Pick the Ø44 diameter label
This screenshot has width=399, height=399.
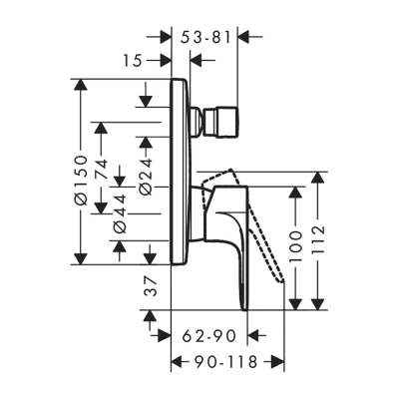click(122, 213)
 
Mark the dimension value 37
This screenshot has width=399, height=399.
click(149, 288)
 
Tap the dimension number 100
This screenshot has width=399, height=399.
click(295, 249)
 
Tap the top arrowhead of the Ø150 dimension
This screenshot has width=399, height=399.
click(80, 84)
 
